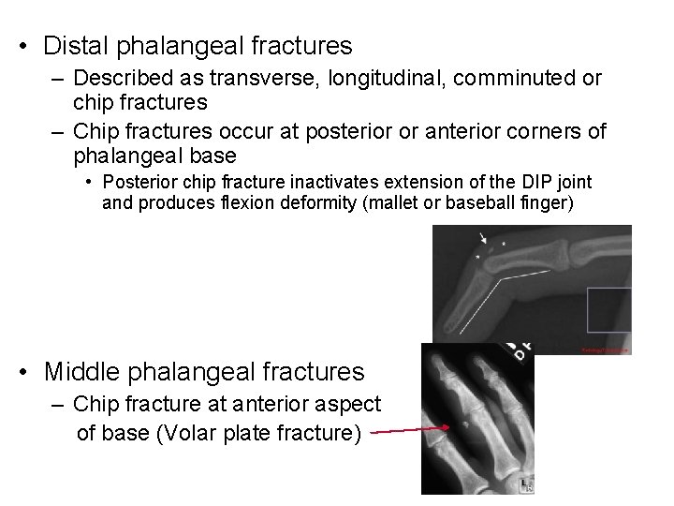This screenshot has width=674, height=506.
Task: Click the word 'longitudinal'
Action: [x=381, y=79]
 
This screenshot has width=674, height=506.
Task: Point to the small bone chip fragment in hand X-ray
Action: [x=465, y=424]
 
